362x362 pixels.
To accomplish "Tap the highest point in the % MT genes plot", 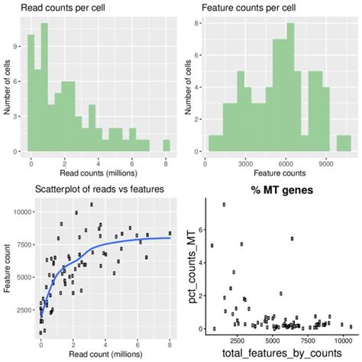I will pos(224,205).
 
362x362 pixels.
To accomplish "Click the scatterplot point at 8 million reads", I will pos(170,234).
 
